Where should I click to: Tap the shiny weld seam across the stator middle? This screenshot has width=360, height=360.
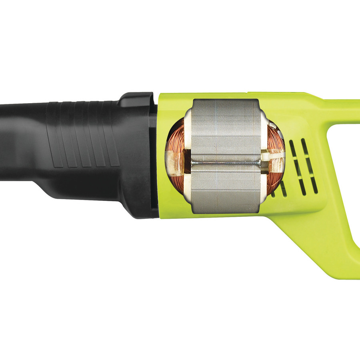pos(226,162)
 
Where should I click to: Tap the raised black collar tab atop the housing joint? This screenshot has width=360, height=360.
pos(138,98)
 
